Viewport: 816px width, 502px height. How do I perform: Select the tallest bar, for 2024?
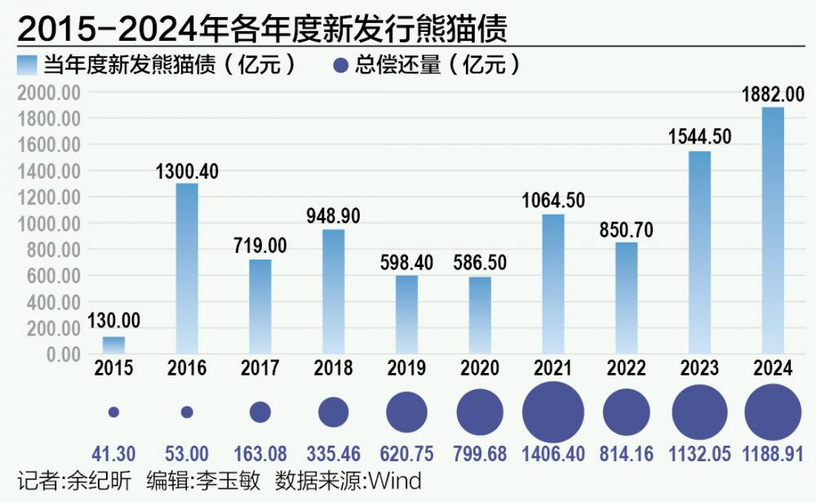click(773, 231)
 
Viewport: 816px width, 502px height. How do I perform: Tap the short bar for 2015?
click(113, 345)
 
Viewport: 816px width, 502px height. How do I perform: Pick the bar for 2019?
click(406, 314)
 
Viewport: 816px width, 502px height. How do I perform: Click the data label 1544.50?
click(699, 136)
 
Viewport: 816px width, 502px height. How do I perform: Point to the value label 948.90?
click(333, 216)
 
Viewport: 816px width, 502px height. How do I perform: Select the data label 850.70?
click(626, 229)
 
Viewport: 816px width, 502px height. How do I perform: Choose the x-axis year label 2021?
click(553, 368)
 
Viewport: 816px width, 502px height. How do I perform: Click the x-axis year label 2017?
click(260, 368)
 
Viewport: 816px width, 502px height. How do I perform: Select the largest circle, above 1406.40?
click(553, 412)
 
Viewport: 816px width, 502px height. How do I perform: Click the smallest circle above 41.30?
click(113, 412)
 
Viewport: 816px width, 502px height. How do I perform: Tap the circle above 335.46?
click(333, 412)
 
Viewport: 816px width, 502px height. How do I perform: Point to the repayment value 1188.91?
click(773, 454)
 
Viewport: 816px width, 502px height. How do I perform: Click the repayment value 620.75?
click(406, 454)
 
